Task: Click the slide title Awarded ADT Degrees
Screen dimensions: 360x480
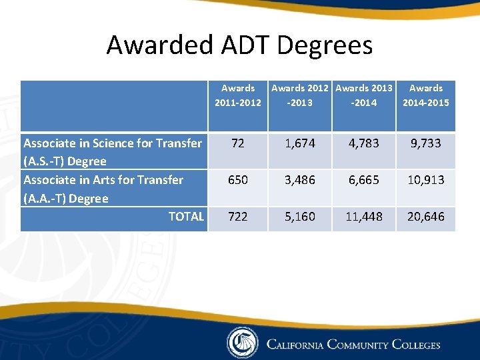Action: (x=239, y=45)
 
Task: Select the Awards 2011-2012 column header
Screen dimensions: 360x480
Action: (x=238, y=95)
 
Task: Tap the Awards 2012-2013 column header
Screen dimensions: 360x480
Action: (x=300, y=95)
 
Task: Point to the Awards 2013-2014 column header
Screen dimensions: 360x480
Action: (x=364, y=95)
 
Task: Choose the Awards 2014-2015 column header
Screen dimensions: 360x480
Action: (x=426, y=95)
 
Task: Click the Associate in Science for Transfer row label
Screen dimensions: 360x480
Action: (x=113, y=152)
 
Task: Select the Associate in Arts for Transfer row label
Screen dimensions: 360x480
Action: (x=103, y=189)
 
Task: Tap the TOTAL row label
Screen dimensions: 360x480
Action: (x=186, y=217)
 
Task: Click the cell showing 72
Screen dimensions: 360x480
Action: (x=238, y=143)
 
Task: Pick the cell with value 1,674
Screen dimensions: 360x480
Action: (x=300, y=143)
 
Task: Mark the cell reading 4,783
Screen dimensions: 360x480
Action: (x=364, y=143)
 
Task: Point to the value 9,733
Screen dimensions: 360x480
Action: (x=426, y=143)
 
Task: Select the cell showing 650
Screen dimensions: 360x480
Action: (x=238, y=180)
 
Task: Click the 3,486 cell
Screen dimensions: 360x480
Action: (x=300, y=180)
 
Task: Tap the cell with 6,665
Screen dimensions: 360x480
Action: (x=364, y=180)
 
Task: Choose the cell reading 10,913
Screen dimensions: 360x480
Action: (x=426, y=180)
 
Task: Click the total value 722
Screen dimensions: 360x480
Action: (x=238, y=217)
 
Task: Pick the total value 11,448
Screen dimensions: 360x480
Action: (x=364, y=217)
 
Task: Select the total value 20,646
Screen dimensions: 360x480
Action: (x=426, y=217)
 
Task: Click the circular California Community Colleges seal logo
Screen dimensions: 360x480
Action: (x=242, y=343)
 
